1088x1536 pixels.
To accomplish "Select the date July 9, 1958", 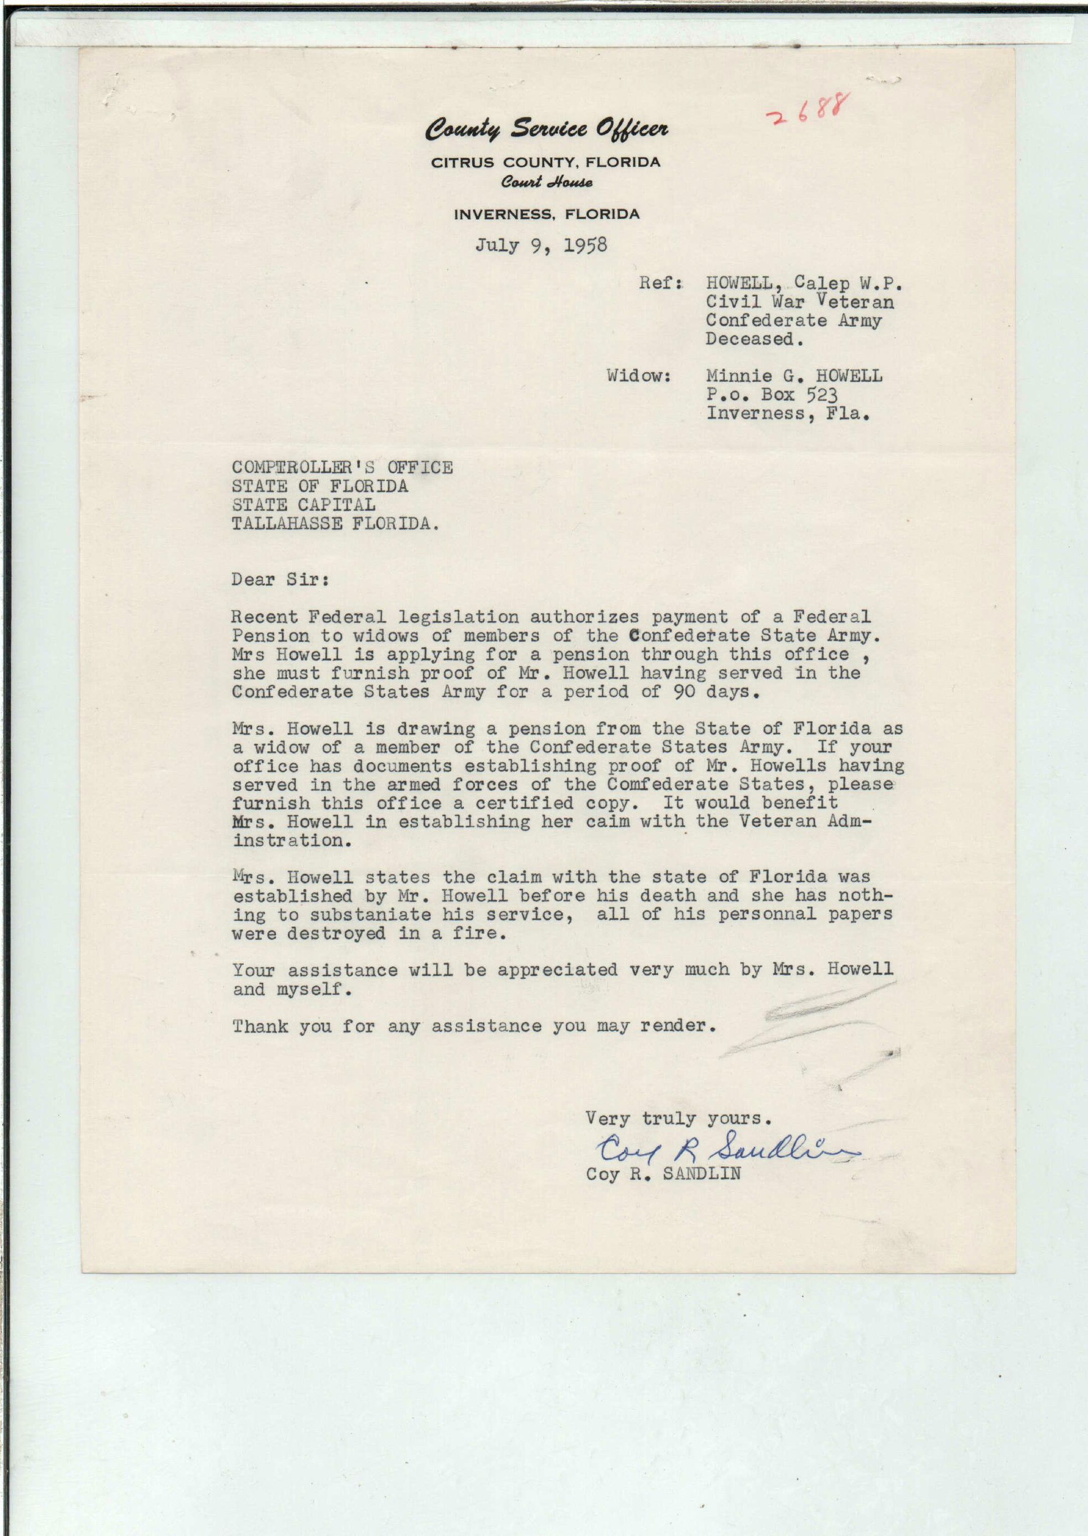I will (x=541, y=245).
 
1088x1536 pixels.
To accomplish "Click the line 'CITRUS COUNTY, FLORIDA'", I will (x=545, y=162).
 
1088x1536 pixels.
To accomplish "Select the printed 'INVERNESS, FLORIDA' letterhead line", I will (x=546, y=215).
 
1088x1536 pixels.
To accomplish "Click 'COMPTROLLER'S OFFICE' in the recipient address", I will (x=342, y=468).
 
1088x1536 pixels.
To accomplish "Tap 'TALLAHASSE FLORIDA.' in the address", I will (x=336, y=524).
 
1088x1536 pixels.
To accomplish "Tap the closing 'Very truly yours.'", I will (x=678, y=1118).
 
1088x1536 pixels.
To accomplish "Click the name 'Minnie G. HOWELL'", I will (x=794, y=376).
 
